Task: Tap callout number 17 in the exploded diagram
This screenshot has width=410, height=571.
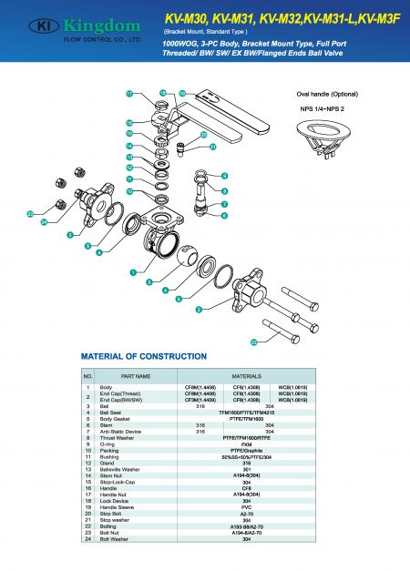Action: click(x=129, y=94)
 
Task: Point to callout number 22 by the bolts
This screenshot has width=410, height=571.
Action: click(x=254, y=342)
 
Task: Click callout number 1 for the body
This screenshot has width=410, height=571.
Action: click(x=133, y=271)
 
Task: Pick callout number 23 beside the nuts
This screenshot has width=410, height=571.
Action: click(x=30, y=215)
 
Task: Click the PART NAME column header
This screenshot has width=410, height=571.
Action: click(x=135, y=375)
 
